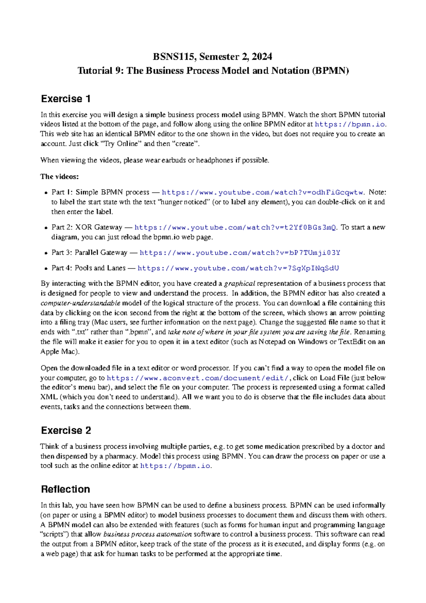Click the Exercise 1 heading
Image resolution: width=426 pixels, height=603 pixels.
pos(66,98)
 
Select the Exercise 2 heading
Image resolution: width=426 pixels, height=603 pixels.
pos(66,430)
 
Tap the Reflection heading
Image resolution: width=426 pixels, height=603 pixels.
pos(65,489)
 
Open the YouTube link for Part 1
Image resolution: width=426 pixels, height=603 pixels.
pos(263,192)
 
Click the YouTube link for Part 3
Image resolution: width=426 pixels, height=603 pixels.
pos(240,253)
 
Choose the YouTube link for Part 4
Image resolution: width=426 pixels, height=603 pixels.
pos(238,268)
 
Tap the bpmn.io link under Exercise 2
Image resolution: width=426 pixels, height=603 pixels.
pos(176,466)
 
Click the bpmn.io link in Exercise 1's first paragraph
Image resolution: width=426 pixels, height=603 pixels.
pos(350,124)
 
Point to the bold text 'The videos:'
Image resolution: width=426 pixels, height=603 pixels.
pos(60,176)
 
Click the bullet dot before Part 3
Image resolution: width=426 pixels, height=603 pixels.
pos(46,254)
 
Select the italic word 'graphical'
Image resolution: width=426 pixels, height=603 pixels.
pos(240,284)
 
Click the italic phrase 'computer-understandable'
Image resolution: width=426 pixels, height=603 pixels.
pos(81,303)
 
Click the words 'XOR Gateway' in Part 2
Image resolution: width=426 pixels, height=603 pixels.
pos(98,227)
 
